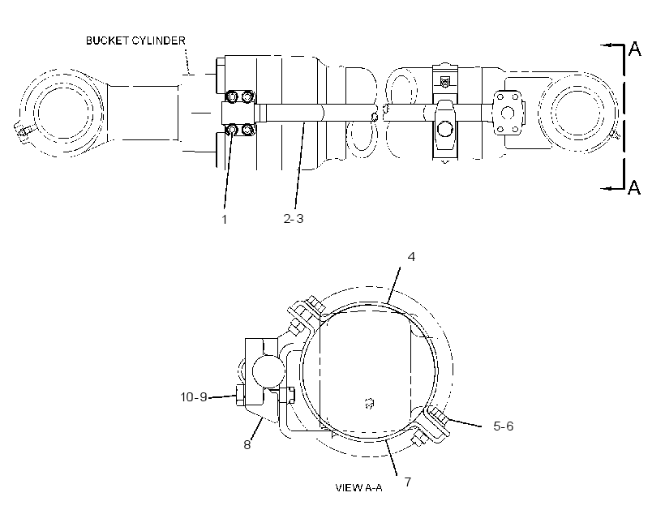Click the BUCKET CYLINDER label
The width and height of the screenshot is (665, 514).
[x=135, y=41]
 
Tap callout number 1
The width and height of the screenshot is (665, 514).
[x=225, y=219]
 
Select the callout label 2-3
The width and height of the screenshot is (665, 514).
[x=294, y=218]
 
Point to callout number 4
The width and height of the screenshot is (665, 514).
[x=411, y=256]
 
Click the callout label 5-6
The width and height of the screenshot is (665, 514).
[x=504, y=426]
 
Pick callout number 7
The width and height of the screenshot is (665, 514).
[x=408, y=482]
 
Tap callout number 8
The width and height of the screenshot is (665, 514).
[x=247, y=444]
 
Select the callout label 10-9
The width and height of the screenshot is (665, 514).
[x=194, y=397]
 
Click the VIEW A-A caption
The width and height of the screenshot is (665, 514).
[x=358, y=488]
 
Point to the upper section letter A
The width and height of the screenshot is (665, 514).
[x=635, y=49]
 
